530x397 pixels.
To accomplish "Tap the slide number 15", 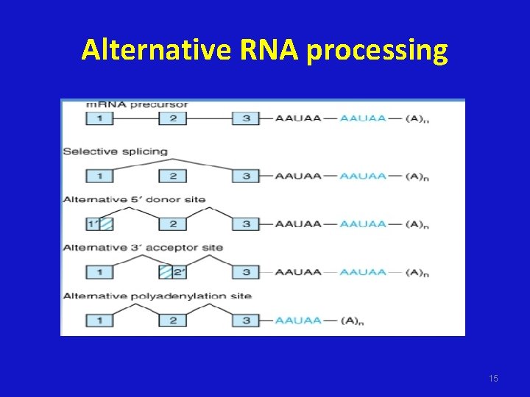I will point(493,378).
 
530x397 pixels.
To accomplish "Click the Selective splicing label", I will point(116,151).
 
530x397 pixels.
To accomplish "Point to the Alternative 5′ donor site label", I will point(134,199).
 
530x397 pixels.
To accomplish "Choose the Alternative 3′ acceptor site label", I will point(143,248).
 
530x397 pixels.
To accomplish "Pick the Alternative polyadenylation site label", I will point(157,296).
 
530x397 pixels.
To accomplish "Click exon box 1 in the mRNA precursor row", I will point(99,118).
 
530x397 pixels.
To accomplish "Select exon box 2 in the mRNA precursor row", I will point(173,118).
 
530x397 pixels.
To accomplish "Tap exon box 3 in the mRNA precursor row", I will point(246,118).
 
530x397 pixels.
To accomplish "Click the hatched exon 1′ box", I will point(99,224).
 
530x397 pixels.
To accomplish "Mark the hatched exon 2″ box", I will point(173,272).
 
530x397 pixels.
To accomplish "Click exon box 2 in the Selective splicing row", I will point(173,176).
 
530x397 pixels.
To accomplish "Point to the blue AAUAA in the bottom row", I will point(298,321).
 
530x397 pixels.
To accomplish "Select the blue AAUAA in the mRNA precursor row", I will point(363,118).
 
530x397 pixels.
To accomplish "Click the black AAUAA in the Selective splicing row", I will point(298,176).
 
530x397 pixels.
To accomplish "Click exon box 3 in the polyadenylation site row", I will point(246,321).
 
